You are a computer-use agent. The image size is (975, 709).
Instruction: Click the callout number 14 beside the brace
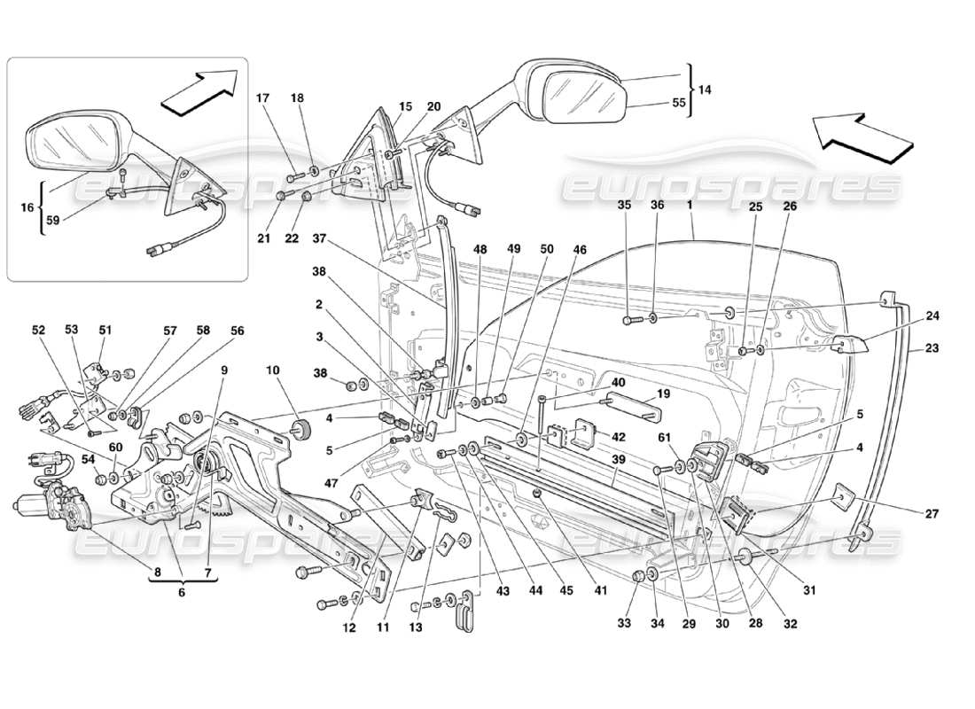point(706,90)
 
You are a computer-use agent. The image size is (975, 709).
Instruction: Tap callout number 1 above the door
point(689,206)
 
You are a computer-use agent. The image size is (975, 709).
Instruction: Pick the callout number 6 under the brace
point(183,593)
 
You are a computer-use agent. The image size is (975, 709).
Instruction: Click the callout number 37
point(320,238)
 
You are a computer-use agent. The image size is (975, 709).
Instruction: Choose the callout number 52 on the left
point(39,331)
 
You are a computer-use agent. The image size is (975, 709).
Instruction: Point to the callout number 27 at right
point(932,511)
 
